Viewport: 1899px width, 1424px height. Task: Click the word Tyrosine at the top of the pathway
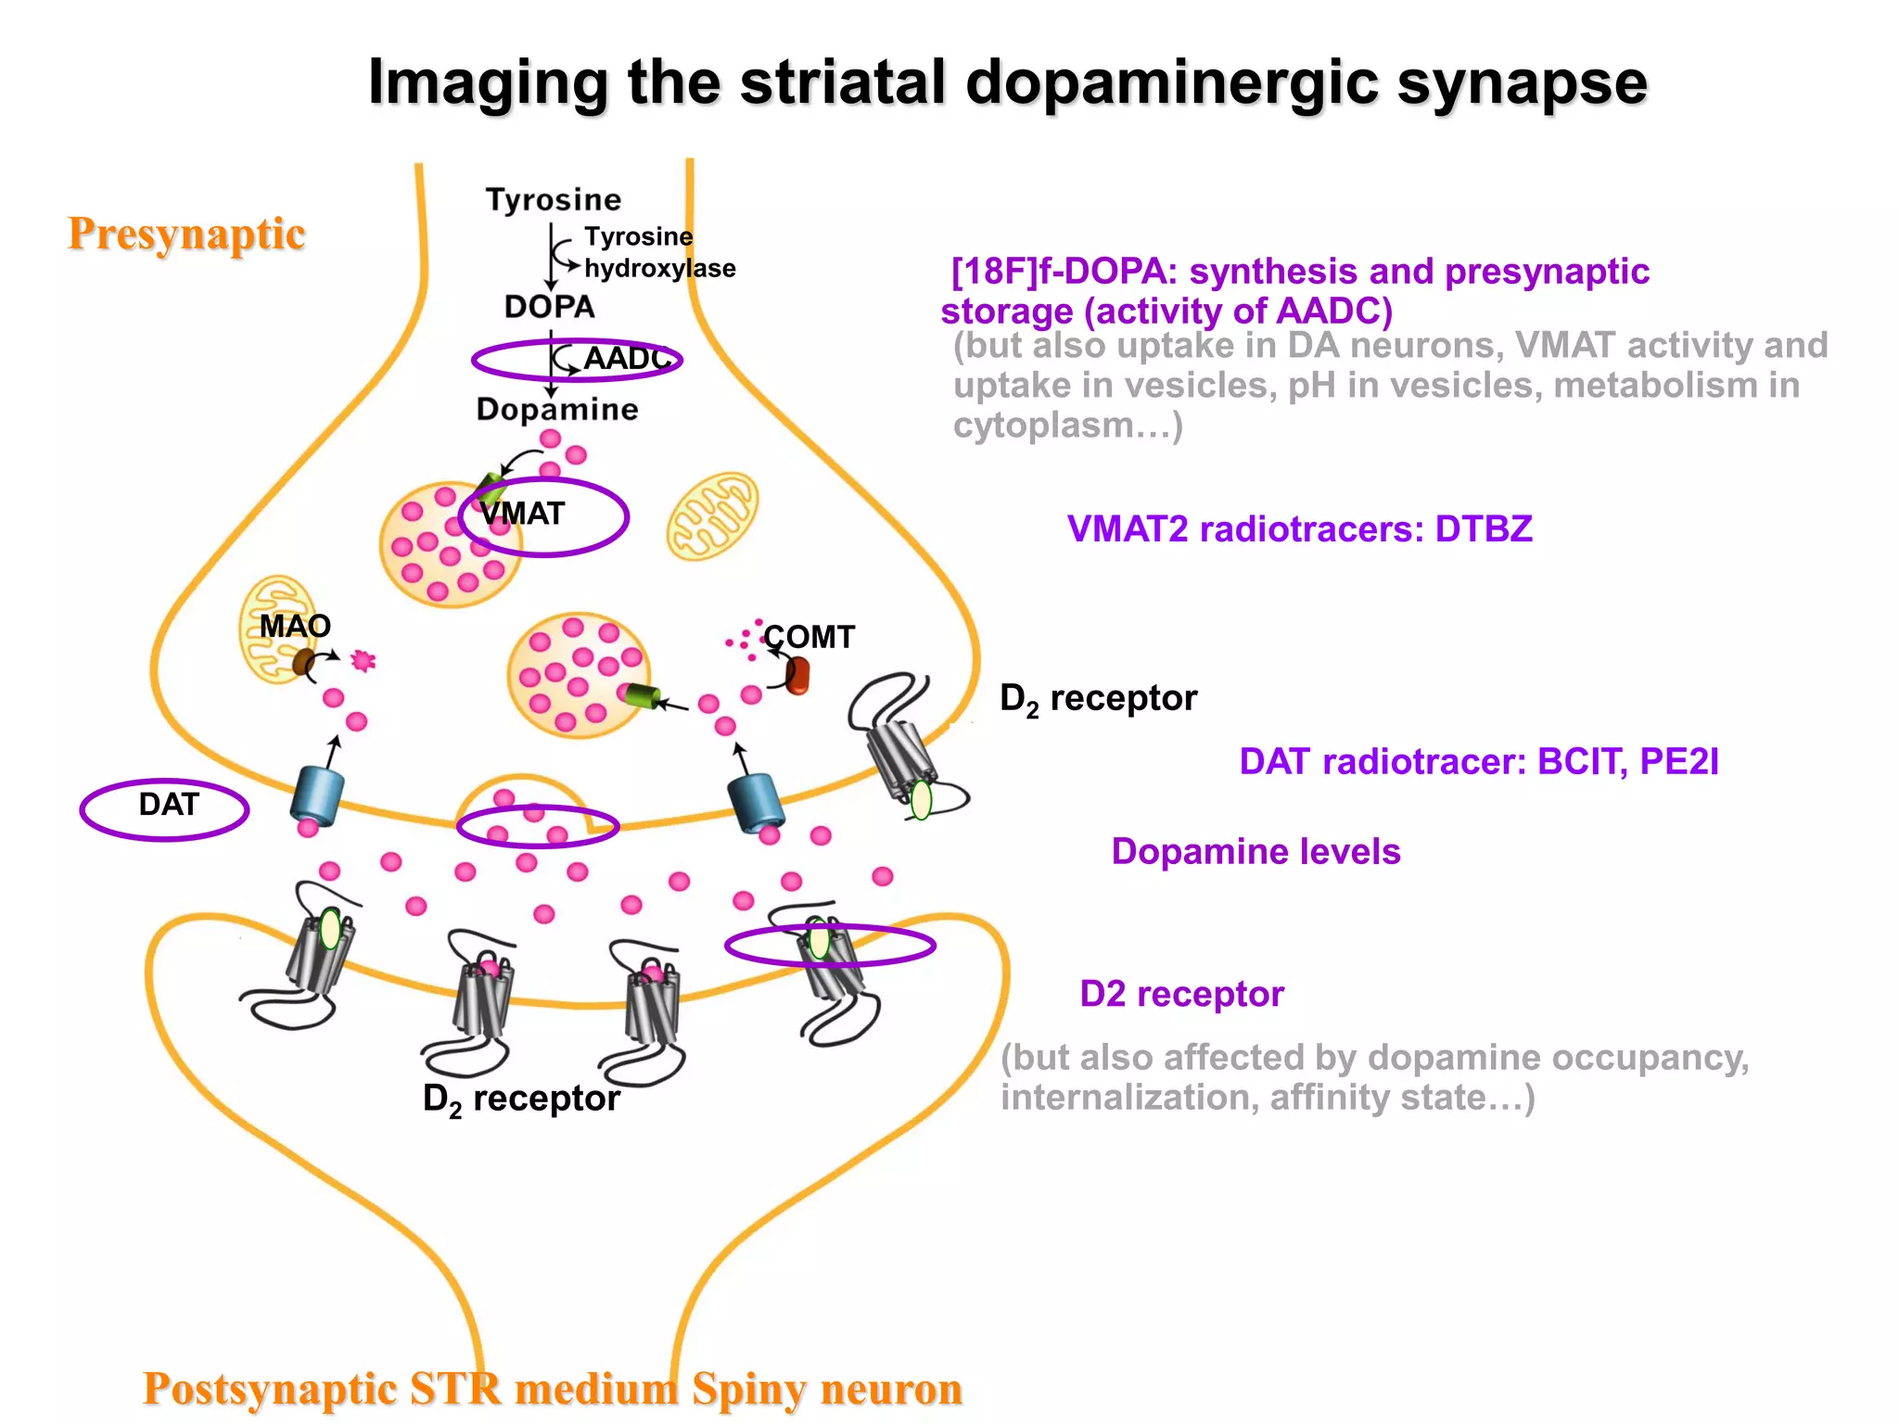click(x=554, y=199)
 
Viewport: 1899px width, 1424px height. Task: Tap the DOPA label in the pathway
click(x=549, y=307)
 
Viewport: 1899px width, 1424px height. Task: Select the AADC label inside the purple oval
click(x=626, y=358)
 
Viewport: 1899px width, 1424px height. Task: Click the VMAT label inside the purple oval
click(x=522, y=514)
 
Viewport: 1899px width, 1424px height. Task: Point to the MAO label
click(x=295, y=626)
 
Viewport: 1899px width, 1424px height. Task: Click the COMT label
click(x=809, y=637)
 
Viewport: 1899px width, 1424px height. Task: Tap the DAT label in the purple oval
click(x=168, y=805)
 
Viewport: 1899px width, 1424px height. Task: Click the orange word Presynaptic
click(x=186, y=234)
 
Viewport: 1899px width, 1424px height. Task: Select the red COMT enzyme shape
click(x=797, y=675)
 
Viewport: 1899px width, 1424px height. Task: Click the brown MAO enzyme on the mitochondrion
click(x=304, y=662)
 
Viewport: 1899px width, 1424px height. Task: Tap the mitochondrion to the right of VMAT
click(x=712, y=516)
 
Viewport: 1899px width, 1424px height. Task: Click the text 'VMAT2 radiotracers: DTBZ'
click(x=1299, y=529)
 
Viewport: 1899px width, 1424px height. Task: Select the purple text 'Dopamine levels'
click(x=1255, y=851)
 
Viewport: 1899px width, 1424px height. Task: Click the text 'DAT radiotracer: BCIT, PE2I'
click(x=1479, y=761)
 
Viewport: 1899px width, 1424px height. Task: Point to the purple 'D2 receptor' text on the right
click(x=1181, y=994)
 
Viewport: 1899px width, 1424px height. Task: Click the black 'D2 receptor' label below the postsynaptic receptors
click(x=521, y=1099)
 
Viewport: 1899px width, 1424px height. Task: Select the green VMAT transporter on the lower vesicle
click(x=642, y=695)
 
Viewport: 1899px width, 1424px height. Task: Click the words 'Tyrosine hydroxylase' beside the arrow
click(x=658, y=252)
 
